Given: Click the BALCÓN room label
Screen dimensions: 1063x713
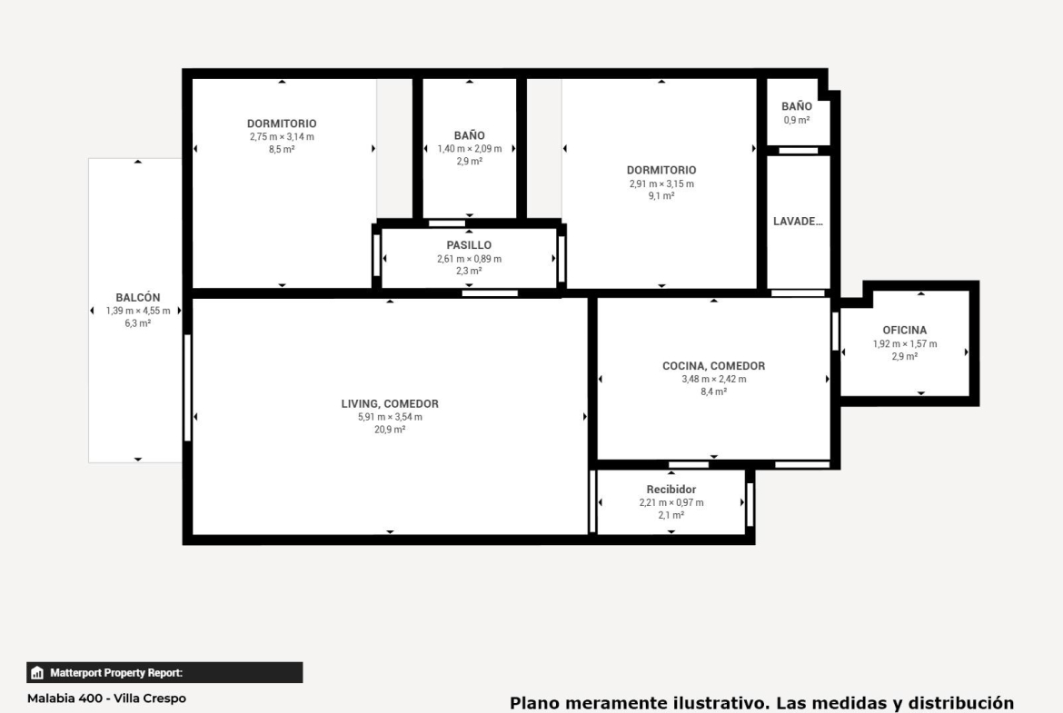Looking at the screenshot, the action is [x=137, y=298].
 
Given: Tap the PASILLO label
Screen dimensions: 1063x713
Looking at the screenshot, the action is [x=469, y=245].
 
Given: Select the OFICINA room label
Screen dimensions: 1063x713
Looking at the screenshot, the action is [x=904, y=330].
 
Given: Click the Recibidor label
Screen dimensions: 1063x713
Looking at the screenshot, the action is [x=671, y=490].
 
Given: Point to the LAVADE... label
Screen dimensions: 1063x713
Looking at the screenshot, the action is [x=798, y=222].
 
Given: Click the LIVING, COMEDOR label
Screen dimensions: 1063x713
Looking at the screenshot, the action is [x=390, y=404].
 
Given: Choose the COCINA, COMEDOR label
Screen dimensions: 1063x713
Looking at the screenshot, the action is [x=714, y=366].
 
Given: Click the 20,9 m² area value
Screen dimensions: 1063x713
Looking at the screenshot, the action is [x=390, y=430].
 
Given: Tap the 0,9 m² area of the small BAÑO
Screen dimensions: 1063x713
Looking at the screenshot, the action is [x=797, y=121].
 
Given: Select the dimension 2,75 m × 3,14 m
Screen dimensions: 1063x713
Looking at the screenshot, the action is [x=282, y=137].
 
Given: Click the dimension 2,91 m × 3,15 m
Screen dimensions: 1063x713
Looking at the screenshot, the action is [x=661, y=183].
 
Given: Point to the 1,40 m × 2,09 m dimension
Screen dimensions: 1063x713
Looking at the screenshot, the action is [x=470, y=149].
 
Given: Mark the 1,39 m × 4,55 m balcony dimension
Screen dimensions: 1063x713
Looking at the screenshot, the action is [x=137, y=312].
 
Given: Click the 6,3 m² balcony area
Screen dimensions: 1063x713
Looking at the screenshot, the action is [x=137, y=324].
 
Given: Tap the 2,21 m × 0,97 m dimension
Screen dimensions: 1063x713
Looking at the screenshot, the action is [x=671, y=503].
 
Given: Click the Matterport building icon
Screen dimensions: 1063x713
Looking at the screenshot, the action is [x=37, y=673].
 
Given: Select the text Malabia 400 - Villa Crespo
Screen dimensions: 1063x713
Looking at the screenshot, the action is [x=106, y=698].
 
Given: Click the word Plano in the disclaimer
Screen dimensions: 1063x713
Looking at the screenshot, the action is [x=532, y=703].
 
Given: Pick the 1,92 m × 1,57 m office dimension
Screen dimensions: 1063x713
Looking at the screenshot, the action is [x=905, y=344].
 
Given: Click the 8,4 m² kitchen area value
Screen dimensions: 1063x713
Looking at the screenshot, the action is [x=714, y=391].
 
